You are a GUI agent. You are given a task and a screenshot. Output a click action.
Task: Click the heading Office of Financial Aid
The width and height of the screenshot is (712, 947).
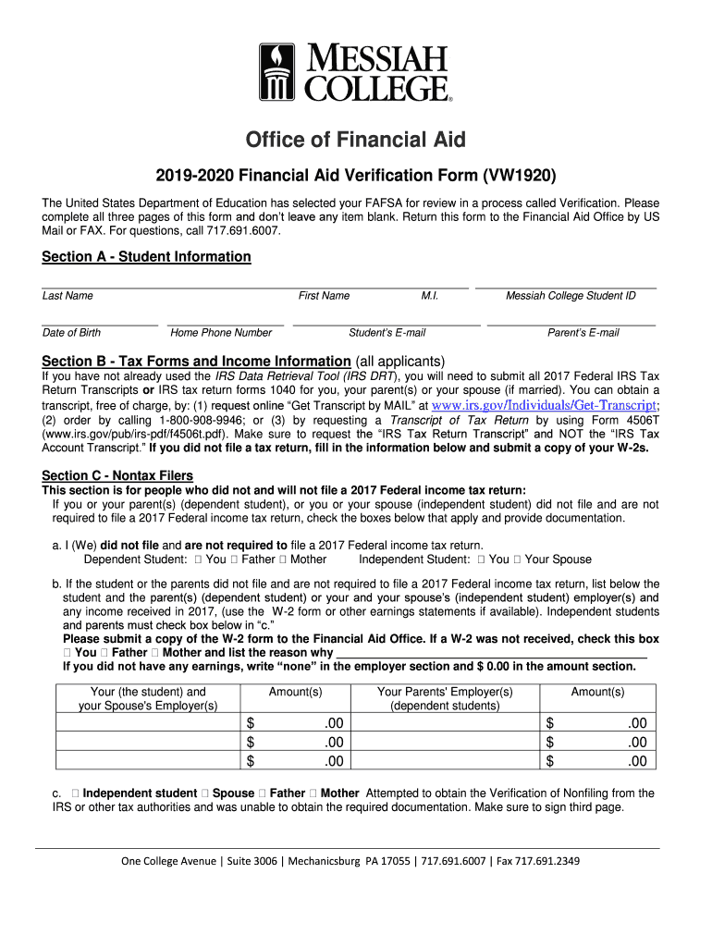pyautogui.click(x=355, y=140)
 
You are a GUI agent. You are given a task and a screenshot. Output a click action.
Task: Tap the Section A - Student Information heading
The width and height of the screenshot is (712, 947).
pyautogui.click(x=146, y=256)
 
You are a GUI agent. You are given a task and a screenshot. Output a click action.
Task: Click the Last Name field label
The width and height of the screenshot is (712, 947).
pyautogui.click(x=68, y=296)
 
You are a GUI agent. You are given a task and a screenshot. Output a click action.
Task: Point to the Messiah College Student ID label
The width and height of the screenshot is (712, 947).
pyautogui.click(x=571, y=296)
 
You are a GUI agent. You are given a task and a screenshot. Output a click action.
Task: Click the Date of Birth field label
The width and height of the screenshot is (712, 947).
pyautogui.click(x=71, y=333)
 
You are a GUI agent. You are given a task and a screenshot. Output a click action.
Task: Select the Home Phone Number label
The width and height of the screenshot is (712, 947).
pyautogui.click(x=221, y=333)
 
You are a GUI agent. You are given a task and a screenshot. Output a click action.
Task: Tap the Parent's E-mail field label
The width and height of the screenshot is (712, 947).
pyautogui.click(x=583, y=333)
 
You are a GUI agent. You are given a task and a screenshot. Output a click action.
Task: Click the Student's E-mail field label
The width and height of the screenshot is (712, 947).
pyautogui.click(x=387, y=333)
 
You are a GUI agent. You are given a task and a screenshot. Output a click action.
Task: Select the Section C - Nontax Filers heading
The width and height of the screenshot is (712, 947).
pyautogui.click(x=117, y=475)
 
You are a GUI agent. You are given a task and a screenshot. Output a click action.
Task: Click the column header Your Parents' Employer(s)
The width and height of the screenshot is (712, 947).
pyautogui.click(x=445, y=692)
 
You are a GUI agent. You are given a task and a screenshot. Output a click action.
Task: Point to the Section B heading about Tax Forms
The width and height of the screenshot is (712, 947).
pyautogui.click(x=196, y=361)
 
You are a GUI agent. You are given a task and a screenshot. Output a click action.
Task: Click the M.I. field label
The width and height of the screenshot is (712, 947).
pyautogui.click(x=429, y=296)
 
